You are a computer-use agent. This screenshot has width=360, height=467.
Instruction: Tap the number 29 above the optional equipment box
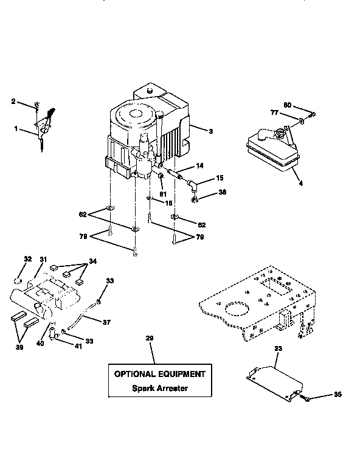point(149,337)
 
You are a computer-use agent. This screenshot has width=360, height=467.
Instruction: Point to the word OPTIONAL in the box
point(136,375)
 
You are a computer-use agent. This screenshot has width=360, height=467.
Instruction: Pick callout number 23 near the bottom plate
point(279,349)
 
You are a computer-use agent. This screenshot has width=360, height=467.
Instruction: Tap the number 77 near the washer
point(274,112)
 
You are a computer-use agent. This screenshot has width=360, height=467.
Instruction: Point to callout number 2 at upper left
point(13,103)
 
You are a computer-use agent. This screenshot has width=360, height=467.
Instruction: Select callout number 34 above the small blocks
point(93,261)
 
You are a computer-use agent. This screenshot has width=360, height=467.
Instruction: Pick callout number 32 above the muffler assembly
point(27,259)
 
